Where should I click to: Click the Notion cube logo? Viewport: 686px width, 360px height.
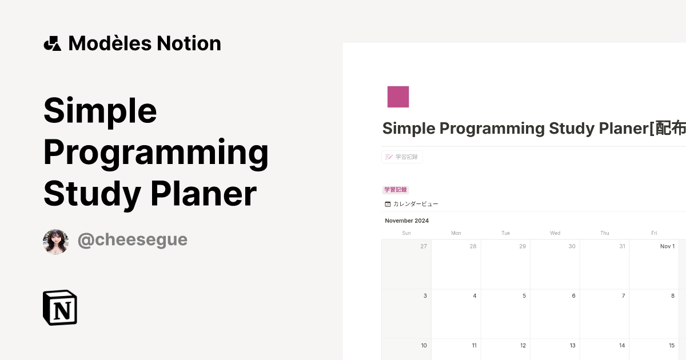[60, 307]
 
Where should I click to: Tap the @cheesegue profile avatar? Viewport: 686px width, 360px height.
[55, 242]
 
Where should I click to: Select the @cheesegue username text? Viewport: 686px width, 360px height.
[132, 240]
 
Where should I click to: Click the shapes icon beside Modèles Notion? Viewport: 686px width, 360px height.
[52, 43]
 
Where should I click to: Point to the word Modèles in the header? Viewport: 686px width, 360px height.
[105, 43]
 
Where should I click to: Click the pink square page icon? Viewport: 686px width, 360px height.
[398, 97]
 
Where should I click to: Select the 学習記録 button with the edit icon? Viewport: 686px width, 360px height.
[402, 157]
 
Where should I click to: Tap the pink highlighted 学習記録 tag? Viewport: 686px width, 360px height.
[396, 190]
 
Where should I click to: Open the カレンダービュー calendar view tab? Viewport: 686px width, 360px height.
[412, 204]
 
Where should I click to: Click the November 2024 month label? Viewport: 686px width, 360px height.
[406, 221]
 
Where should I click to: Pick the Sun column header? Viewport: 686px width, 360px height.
[406, 233]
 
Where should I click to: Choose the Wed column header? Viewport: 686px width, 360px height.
[555, 233]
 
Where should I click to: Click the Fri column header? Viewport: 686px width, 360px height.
[654, 233]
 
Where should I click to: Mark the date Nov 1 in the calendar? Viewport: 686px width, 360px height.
[667, 246]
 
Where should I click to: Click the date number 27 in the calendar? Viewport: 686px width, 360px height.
[424, 246]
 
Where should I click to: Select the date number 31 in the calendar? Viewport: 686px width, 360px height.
[621, 246]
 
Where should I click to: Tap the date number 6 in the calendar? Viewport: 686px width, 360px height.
[573, 296]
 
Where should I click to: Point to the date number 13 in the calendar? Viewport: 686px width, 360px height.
[572, 345]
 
